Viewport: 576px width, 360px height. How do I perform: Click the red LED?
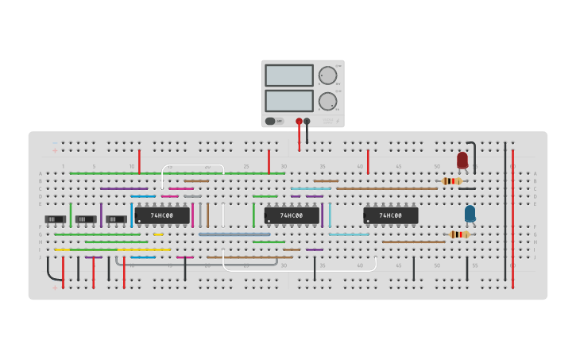[x=462, y=161]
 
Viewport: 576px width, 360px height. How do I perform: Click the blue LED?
[x=470, y=213]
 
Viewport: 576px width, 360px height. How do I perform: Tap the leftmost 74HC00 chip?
[x=162, y=215]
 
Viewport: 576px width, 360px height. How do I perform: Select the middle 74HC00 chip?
[x=292, y=215]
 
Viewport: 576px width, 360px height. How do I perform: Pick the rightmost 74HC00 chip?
[x=390, y=215]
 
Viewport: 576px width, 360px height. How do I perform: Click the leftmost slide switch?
[x=55, y=219]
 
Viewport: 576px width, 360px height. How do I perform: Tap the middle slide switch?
[x=86, y=219]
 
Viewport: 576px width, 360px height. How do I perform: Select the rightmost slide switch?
[x=116, y=219]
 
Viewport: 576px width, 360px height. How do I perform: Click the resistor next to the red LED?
[x=451, y=181]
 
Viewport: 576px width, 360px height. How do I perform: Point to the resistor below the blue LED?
[x=459, y=234]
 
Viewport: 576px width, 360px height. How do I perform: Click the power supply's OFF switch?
[x=274, y=121]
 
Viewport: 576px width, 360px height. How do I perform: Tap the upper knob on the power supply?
[x=327, y=76]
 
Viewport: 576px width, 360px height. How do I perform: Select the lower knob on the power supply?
[x=327, y=101]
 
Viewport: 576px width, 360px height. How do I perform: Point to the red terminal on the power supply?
[x=299, y=122]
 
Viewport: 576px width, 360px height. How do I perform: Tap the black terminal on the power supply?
[x=307, y=122]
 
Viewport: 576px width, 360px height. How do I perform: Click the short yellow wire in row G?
[x=159, y=234]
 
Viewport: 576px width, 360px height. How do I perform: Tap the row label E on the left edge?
[x=41, y=203]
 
